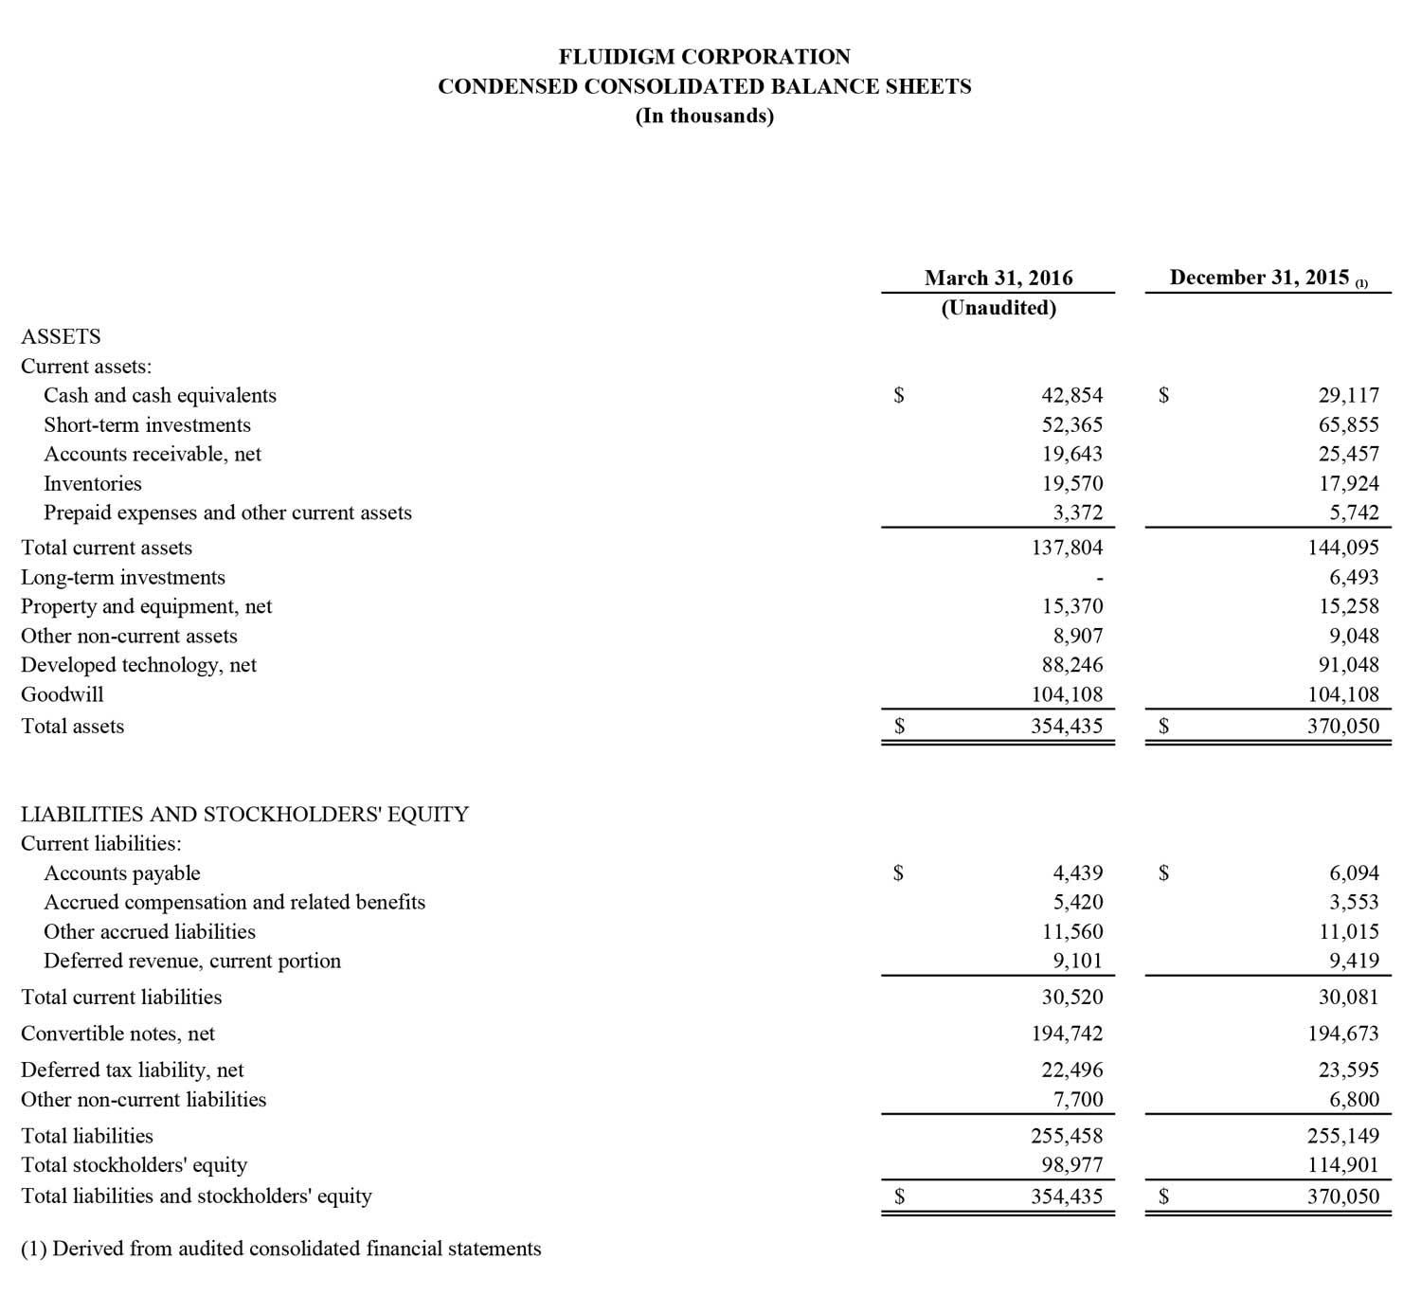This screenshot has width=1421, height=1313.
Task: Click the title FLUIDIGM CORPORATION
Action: point(704,57)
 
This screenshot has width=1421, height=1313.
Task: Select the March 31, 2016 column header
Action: point(998,279)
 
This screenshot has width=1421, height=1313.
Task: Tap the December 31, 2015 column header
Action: point(1259,278)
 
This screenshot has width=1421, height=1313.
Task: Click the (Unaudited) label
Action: point(998,308)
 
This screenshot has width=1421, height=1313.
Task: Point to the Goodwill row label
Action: point(63,694)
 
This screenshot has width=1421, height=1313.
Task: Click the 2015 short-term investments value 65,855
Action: point(1348,425)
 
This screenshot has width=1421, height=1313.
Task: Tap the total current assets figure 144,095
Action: point(1342,548)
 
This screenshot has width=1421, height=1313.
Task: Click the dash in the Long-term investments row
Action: point(1099,578)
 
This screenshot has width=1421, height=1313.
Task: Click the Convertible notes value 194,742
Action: point(1067,1034)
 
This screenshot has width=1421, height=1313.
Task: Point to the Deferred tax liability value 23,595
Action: point(1348,1070)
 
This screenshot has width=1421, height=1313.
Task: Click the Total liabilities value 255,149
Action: point(1342,1136)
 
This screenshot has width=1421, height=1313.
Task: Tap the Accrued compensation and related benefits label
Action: point(234,903)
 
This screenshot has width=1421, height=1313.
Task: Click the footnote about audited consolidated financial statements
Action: point(281,1250)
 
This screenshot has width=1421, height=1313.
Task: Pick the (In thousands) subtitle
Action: point(704,117)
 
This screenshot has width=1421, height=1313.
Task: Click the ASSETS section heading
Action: point(61,337)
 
